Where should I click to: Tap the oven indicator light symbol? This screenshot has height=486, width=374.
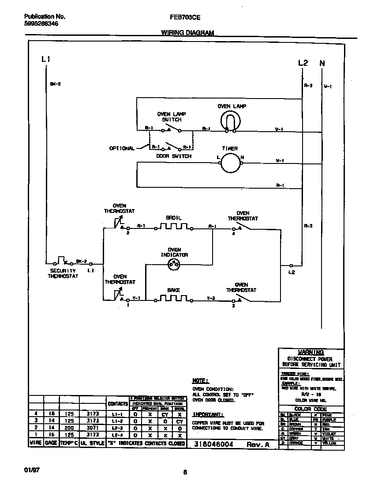click(x=174, y=265)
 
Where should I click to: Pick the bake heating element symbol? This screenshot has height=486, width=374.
click(x=173, y=299)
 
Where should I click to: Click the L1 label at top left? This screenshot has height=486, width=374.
click(x=45, y=59)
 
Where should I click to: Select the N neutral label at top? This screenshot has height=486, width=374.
click(x=322, y=63)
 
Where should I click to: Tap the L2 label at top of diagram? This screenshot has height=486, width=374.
click(x=303, y=63)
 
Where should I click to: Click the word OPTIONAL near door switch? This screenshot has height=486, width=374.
click(x=121, y=148)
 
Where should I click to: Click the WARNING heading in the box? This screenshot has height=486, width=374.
click(x=311, y=352)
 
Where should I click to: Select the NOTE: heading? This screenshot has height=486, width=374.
click(x=201, y=380)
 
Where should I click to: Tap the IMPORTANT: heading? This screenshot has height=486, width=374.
click(x=208, y=414)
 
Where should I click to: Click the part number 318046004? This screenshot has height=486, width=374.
click(x=213, y=444)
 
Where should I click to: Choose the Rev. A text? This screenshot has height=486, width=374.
click(x=258, y=445)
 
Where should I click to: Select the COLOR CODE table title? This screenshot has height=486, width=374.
click(x=310, y=409)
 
